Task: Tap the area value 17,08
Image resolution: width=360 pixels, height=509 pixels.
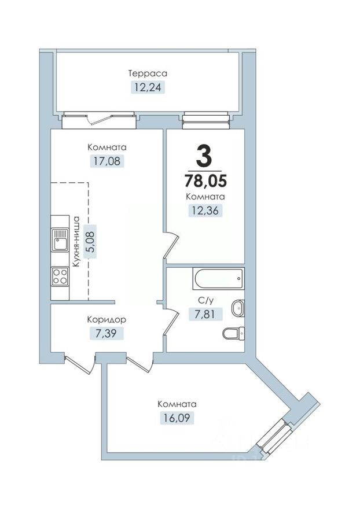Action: point(107,161)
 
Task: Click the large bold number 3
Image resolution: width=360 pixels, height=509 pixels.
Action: point(205,155)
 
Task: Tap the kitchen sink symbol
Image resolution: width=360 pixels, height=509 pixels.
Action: point(60,239)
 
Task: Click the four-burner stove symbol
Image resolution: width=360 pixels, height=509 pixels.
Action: point(60,275)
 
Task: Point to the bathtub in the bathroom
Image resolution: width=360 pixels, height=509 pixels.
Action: point(219,279)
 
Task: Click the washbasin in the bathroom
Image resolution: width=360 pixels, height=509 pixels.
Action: point(237,308)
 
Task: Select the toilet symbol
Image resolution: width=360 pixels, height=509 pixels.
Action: point(233,333)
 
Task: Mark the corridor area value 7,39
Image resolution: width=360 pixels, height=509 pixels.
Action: point(107,333)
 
